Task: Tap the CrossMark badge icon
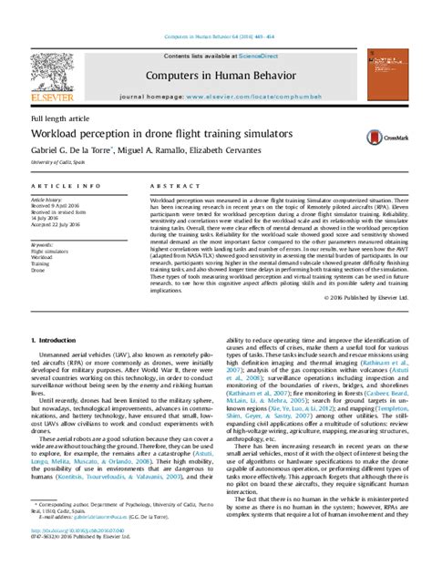pos(379,138)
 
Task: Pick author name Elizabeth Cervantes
pos(236,150)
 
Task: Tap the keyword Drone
pos(38,271)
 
